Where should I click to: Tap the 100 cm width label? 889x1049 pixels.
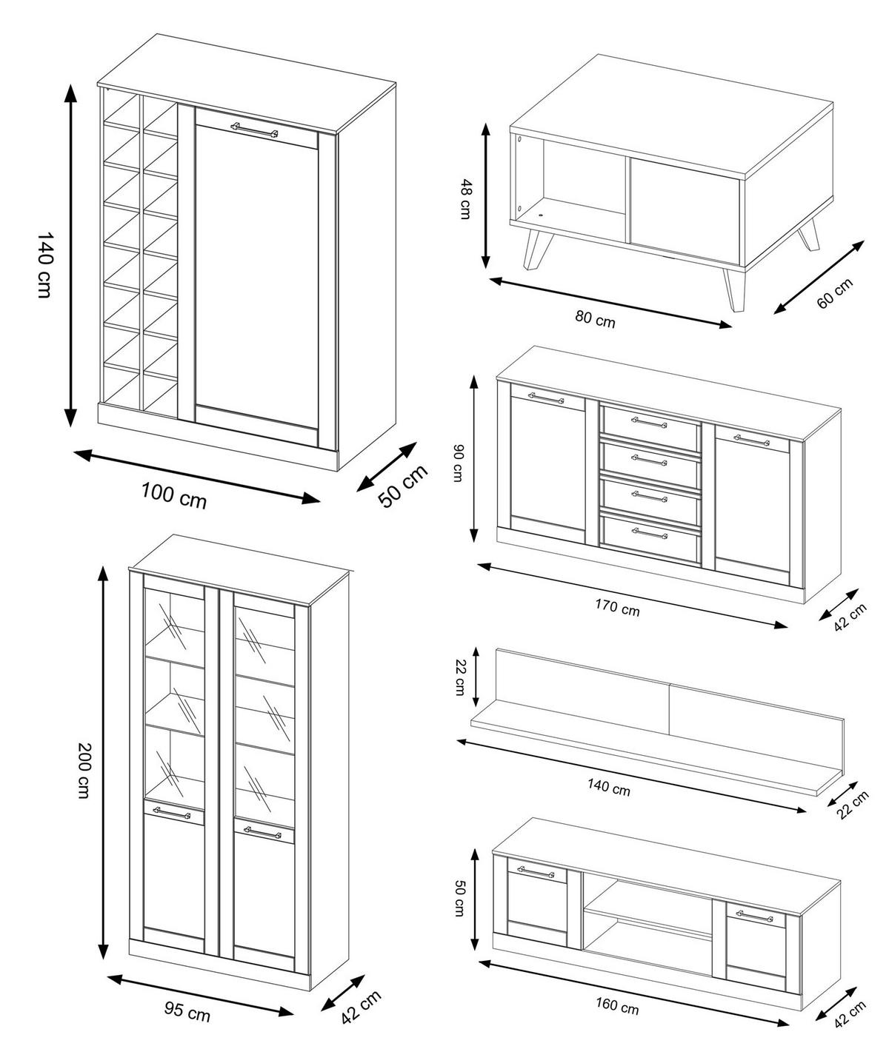coord(174,495)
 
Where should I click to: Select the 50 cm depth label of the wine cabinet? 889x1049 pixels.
coord(403,486)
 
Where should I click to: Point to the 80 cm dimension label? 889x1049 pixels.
coord(595,320)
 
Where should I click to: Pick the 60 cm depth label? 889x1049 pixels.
coord(834,292)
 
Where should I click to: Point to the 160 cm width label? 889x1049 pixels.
coord(616,1007)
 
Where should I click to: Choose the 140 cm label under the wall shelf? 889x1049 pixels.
coord(608,788)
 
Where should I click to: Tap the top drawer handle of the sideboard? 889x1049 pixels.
coord(649,423)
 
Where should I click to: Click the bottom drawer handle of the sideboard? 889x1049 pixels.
coord(649,532)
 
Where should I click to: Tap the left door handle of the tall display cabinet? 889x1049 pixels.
coord(172,813)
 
